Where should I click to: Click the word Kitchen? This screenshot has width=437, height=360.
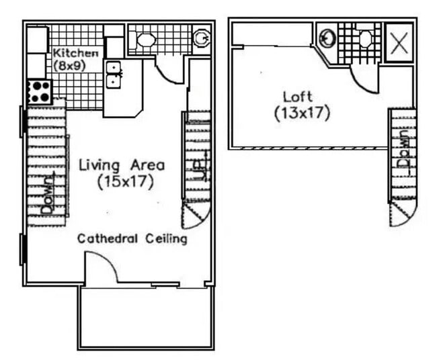point(76,53)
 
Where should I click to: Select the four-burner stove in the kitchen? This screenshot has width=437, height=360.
point(38,91)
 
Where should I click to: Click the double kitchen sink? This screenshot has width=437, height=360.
point(113,74)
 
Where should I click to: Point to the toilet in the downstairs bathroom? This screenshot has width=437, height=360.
point(145,40)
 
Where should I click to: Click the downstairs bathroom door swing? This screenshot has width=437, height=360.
point(173,71)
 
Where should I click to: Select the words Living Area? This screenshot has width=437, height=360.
point(122,165)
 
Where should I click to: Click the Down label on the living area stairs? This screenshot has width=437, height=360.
point(48,195)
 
